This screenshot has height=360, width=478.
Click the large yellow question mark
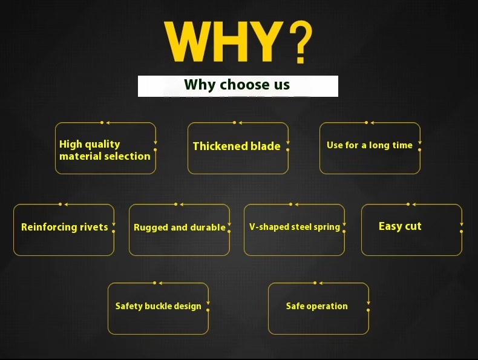click(x=301, y=42)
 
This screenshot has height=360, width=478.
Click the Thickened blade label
click(x=237, y=146)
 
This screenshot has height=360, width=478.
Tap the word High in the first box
click(x=71, y=145)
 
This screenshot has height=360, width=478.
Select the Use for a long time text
click(x=370, y=145)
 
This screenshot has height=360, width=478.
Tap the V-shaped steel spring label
click(x=295, y=227)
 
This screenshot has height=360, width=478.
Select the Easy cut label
click(x=400, y=226)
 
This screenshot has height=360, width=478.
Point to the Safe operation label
click(x=316, y=306)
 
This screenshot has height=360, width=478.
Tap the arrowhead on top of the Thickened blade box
click(x=240, y=123)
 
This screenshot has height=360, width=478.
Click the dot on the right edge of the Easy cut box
click(x=461, y=231)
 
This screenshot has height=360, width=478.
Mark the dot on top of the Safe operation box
click(x=315, y=283)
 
